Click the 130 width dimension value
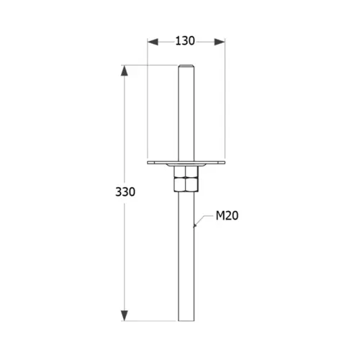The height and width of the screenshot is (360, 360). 185,41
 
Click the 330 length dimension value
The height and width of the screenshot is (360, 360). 125,192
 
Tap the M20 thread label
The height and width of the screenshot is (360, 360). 227,215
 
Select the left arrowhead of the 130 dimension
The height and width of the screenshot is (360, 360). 153,42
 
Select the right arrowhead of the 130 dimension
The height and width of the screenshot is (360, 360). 220,42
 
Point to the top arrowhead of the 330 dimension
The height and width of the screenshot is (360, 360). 124,71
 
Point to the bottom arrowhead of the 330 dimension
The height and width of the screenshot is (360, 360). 124,315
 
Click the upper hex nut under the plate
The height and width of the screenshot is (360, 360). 186,172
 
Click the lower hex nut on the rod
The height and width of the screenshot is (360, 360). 186,184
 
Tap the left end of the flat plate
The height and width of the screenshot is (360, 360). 148,163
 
